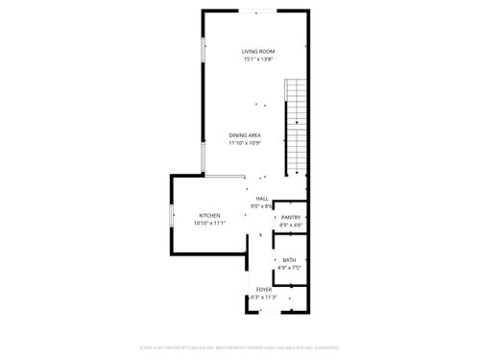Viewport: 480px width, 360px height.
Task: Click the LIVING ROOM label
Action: pos(258,51)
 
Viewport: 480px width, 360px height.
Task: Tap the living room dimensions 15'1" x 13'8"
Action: pos(258,60)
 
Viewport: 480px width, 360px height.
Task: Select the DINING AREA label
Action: pos(245,135)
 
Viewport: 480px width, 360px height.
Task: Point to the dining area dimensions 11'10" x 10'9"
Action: pos(245,144)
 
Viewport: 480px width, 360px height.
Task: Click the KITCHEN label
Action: pos(209,215)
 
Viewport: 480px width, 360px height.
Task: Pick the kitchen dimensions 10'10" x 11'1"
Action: pos(209,224)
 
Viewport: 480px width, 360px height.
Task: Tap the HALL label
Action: pos(261,198)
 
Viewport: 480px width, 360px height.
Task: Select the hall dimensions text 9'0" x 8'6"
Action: pos(261,206)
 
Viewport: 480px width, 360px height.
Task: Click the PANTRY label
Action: pos(290,218)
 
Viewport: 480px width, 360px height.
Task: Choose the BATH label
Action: pos(289,260)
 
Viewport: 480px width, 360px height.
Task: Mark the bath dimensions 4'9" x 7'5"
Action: pos(289,269)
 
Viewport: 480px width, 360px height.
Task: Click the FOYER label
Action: pos(263,289)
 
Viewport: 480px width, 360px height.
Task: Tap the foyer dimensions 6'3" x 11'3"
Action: pos(263,298)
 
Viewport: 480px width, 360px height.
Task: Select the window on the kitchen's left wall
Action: pos(171,217)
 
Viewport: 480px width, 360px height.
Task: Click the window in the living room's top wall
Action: pos(255,11)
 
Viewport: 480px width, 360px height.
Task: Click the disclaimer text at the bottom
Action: pos(240,346)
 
